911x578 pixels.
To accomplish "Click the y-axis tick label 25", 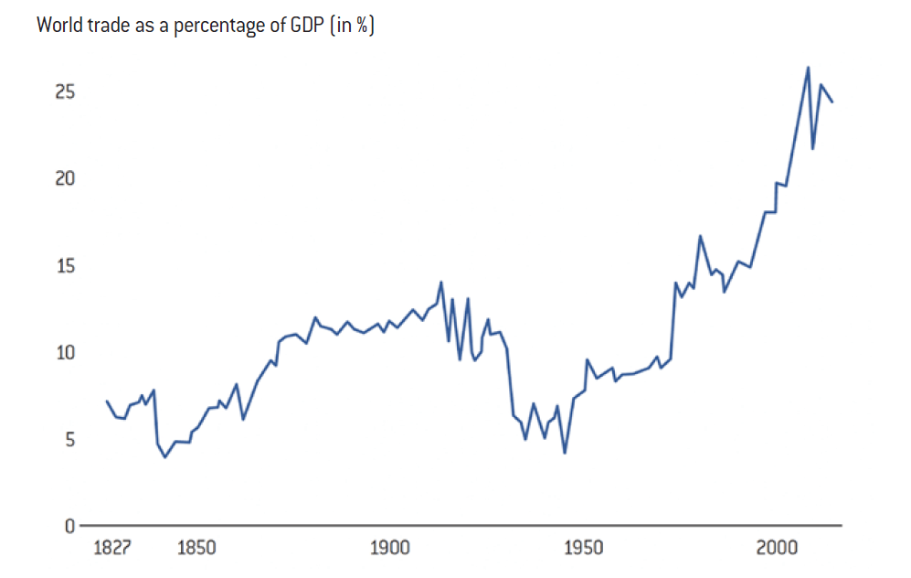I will (x=62, y=92).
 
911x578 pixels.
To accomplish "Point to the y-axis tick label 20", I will (x=62, y=179).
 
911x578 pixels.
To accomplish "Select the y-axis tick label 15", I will (x=62, y=266).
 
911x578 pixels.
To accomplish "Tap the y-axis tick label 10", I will (x=62, y=353).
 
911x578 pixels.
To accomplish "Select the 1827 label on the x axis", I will (x=113, y=549).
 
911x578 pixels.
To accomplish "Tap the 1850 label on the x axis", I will (x=196, y=549).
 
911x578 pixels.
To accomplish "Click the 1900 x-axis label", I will (x=390, y=549).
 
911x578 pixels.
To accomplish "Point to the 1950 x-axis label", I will (x=584, y=549).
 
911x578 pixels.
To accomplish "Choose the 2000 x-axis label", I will (x=778, y=549).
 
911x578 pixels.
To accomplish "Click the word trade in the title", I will (x=109, y=25).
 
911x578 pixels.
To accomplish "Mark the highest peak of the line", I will (x=808, y=67).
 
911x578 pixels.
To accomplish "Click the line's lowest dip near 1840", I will (x=165, y=456).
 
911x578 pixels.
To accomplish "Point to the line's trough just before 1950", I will (x=565, y=453).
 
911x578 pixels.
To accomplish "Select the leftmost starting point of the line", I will (x=107, y=401).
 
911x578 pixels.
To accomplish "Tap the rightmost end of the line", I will (x=832, y=102).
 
